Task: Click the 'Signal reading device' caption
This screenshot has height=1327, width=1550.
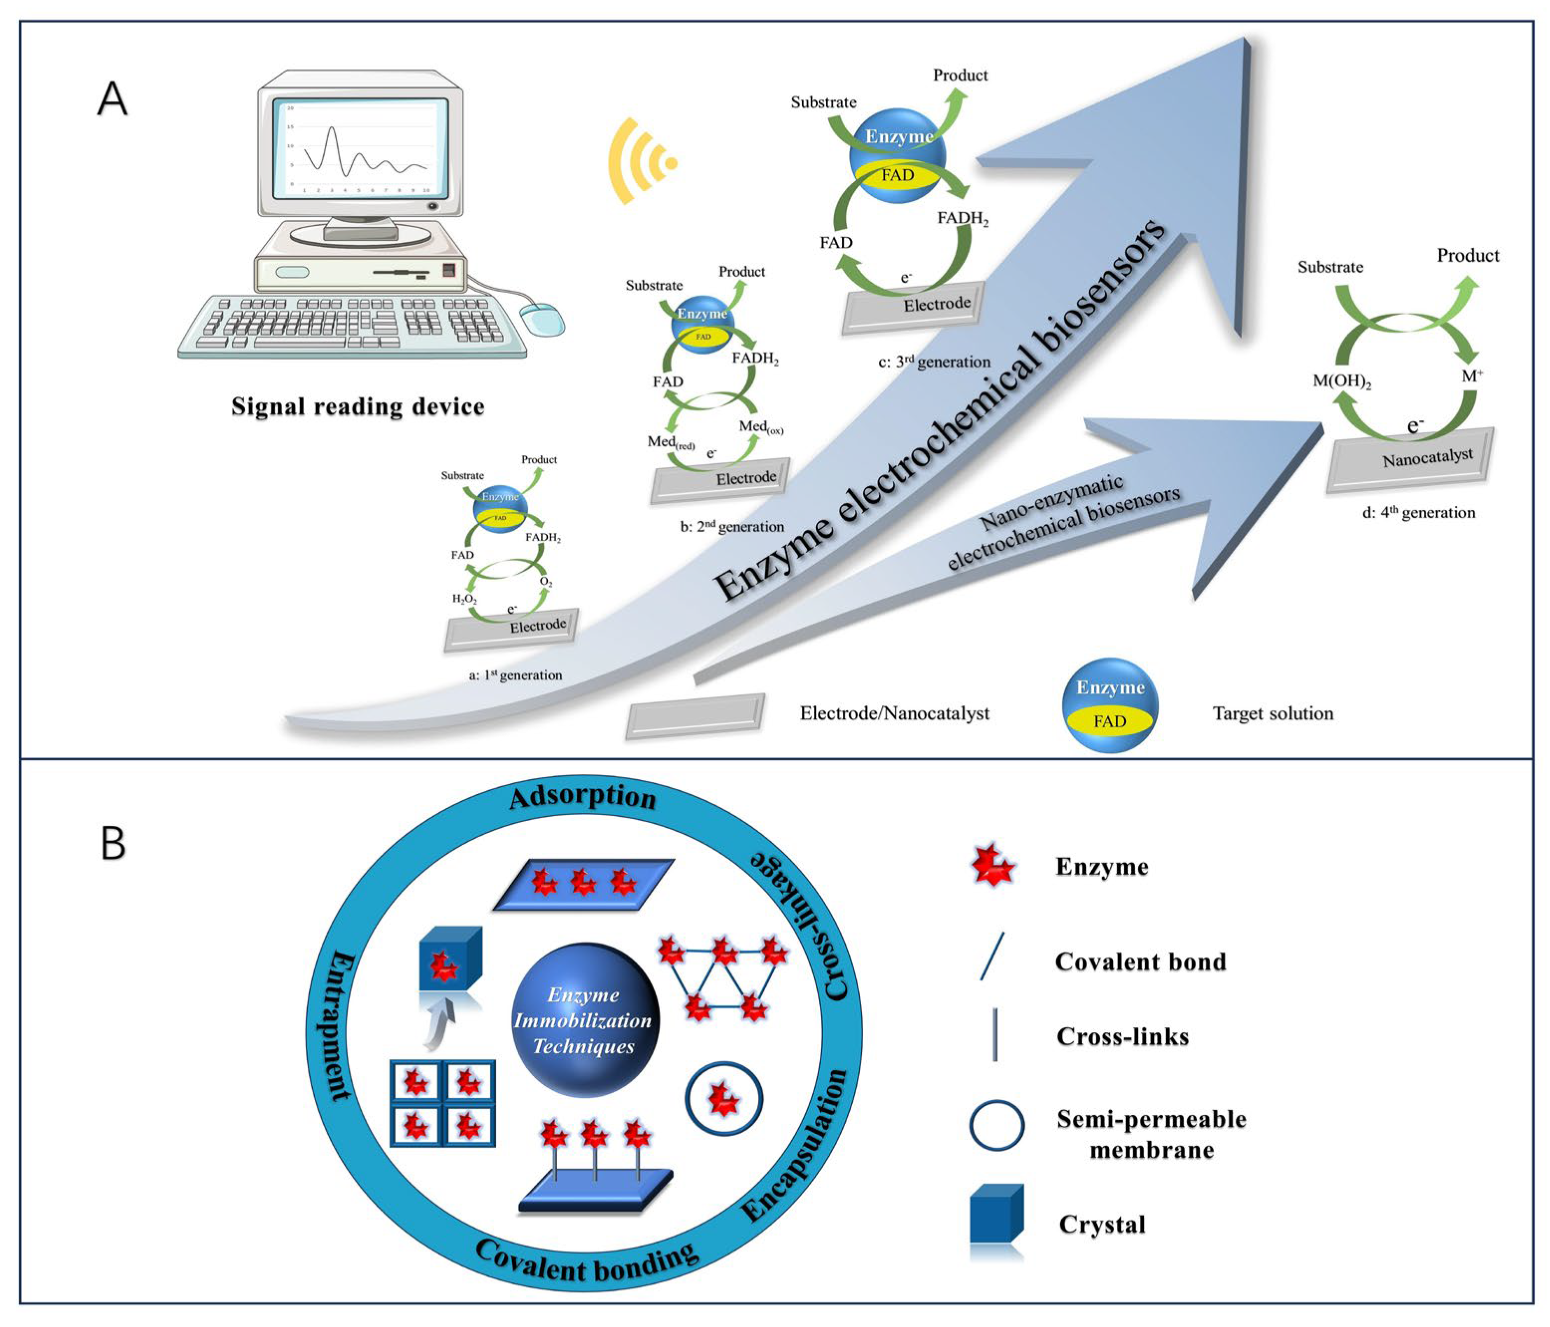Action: [x=358, y=406]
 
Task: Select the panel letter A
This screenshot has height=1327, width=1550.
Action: [x=112, y=99]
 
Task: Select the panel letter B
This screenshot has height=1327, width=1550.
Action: [x=113, y=843]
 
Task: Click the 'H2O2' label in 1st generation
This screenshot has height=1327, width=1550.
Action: [x=464, y=599]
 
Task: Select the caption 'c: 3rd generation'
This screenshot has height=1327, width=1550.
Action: [x=934, y=362]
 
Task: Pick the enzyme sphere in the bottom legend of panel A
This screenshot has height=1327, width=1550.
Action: [x=1110, y=705]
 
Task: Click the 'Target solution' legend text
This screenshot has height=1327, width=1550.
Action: [x=1272, y=713]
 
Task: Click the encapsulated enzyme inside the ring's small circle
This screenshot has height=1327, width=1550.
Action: [x=723, y=1098]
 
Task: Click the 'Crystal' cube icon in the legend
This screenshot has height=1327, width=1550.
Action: [x=996, y=1215]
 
